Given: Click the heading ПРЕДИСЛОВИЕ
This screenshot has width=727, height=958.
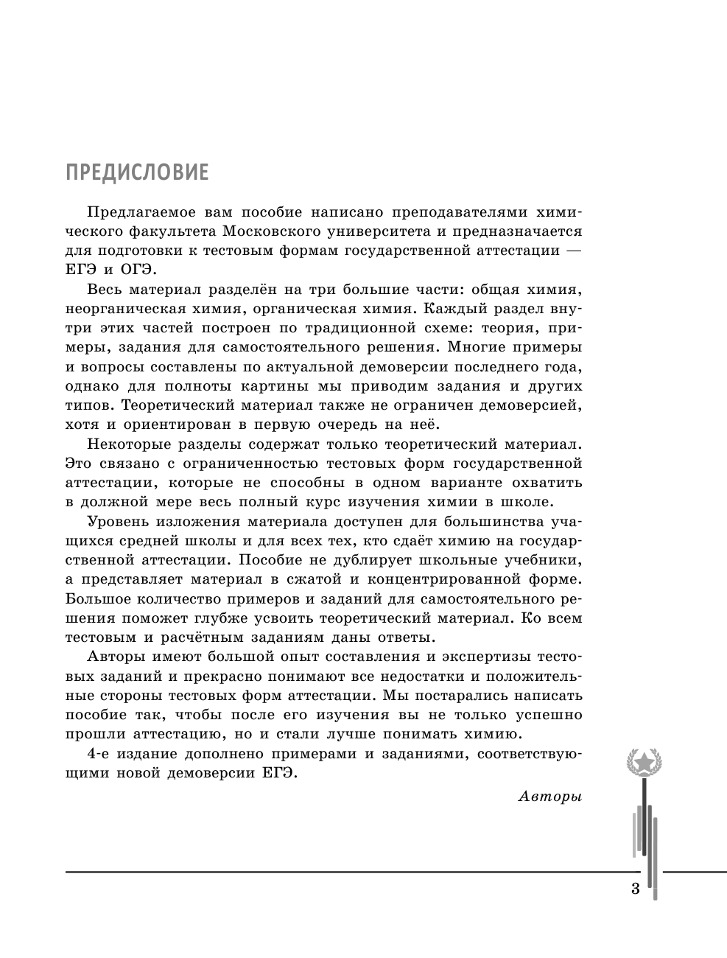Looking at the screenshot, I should (137, 172).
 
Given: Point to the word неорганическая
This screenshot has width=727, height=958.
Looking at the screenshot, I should (133, 308).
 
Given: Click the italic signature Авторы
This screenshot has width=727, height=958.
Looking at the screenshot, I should (550, 795).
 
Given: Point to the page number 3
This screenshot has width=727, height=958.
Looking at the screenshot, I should (636, 889).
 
